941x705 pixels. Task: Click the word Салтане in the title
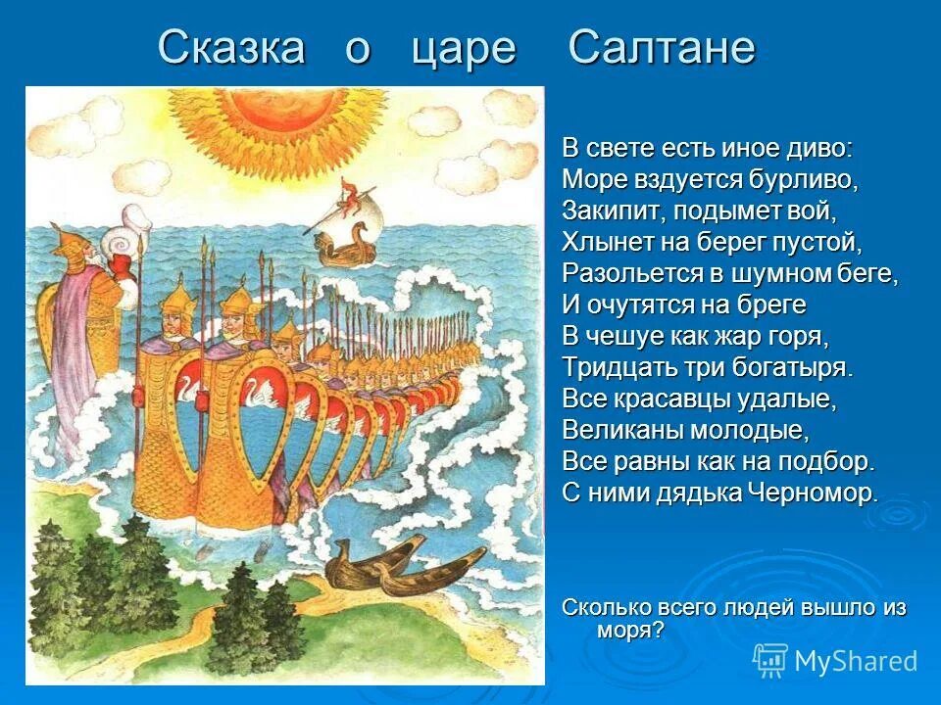(662, 47)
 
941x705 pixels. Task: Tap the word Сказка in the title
(231, 47)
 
